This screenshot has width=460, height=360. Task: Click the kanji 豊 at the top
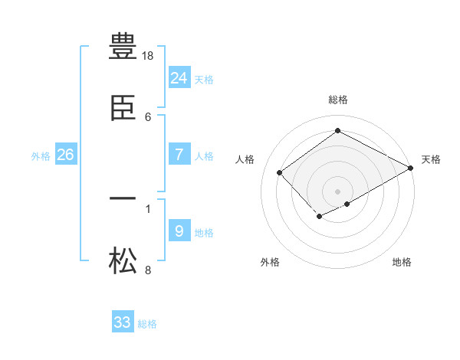(123, 45)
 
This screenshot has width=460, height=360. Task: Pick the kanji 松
(123, 262)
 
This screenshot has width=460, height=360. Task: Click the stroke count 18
(149, 56)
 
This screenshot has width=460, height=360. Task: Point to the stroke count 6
(148, 116)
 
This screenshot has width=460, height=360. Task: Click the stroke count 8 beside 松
(148, 270)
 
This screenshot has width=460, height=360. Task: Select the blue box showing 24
(179, 77)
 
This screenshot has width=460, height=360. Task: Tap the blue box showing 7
(179, 154)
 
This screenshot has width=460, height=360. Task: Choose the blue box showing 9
(179, 231)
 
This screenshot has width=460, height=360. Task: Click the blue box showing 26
(65, 154)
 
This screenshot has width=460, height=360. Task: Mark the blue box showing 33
(123, 322)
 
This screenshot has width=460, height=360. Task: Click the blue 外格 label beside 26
(41, 156)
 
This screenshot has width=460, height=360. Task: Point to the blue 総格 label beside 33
(147, 325)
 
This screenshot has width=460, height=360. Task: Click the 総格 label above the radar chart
(338, 100)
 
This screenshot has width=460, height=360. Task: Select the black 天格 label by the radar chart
(431, 159)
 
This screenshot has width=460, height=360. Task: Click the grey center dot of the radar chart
(338, 191)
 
